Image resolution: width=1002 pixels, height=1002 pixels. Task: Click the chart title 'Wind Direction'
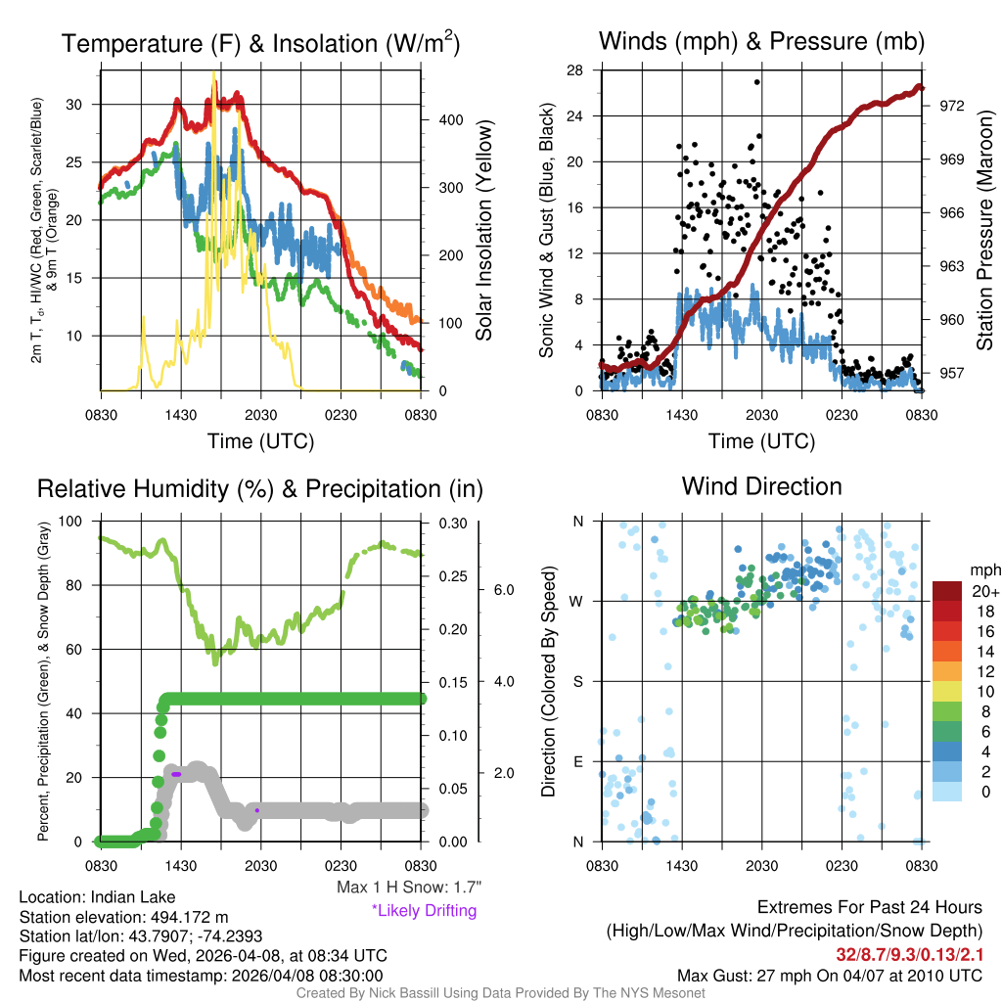point(761,486)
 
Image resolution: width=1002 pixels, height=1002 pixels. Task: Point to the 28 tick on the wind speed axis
point(575,70)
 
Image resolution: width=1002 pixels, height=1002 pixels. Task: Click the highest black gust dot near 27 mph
point(756,82)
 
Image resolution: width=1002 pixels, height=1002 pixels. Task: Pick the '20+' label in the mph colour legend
point(984,592)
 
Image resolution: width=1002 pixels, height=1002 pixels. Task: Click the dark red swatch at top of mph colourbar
point(949,591)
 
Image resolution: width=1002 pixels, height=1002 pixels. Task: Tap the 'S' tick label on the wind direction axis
point(578,681)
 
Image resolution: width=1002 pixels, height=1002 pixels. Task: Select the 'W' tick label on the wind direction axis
point(577,601)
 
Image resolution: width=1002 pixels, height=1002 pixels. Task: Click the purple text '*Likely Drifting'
point(424,910)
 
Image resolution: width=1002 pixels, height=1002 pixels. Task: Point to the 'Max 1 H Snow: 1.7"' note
point(408,888)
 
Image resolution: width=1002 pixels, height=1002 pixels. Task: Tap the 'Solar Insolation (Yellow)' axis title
point(483,231)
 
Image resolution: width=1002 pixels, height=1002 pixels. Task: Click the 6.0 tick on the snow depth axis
point(504,590)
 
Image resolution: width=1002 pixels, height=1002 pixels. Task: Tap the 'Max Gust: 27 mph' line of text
point(830,976)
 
